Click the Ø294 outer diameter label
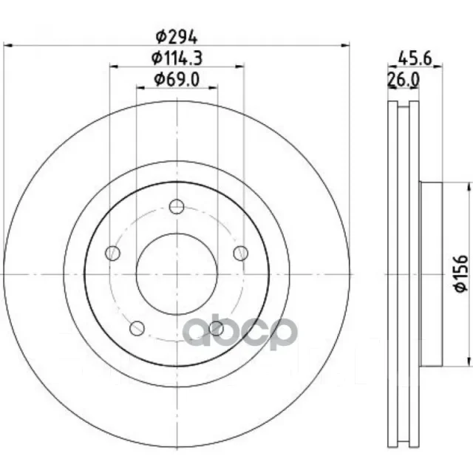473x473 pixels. coord(177,38)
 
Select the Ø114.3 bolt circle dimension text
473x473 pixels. coord(177,58)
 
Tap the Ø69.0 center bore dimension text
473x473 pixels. coord(177,80)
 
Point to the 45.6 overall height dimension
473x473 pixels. coord(415,58)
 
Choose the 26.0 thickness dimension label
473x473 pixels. coord(404,80)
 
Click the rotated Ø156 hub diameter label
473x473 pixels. coord(461,273)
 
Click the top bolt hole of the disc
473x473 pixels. coord(177,207)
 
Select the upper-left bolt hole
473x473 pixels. coord(112,253)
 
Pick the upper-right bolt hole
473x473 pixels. coord(241,253)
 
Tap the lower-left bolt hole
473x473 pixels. coord(137,328)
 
